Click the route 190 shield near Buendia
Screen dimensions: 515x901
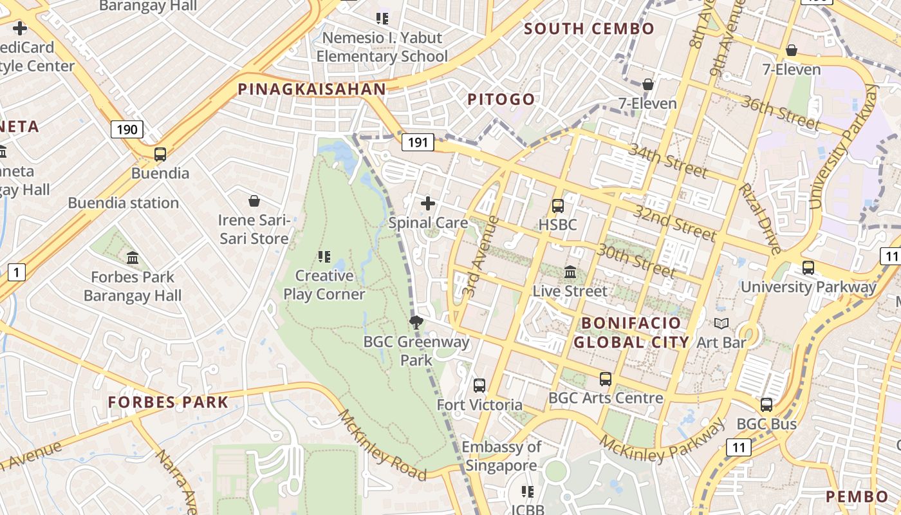tap(127, 129)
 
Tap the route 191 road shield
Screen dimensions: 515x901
tap(418, 142)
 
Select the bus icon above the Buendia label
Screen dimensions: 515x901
tap(160, 154)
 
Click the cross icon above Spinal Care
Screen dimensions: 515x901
tap(428, 204)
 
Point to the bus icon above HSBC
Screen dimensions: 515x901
tap(558, 206)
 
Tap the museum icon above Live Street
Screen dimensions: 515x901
tap(570, 272)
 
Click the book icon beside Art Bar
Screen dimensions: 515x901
tap(722, 324)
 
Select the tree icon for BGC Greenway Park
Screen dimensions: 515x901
tap(416, 323)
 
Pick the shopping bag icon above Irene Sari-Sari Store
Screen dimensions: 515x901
tap(254, 201)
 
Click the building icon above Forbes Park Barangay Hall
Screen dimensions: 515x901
tap(133, 258)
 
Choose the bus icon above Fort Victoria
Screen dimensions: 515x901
tap(479, 386)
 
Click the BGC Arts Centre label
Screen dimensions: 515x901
tap(606, 398)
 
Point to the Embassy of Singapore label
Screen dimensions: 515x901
tap(501, 456)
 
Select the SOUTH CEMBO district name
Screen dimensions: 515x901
tap(589, 29)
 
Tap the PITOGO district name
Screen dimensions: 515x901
tap(501, 99)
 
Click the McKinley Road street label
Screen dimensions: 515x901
tap(382, 445)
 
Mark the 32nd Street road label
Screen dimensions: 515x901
tap(674, 223)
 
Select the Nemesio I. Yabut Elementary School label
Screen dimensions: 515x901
tap(382, 47)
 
